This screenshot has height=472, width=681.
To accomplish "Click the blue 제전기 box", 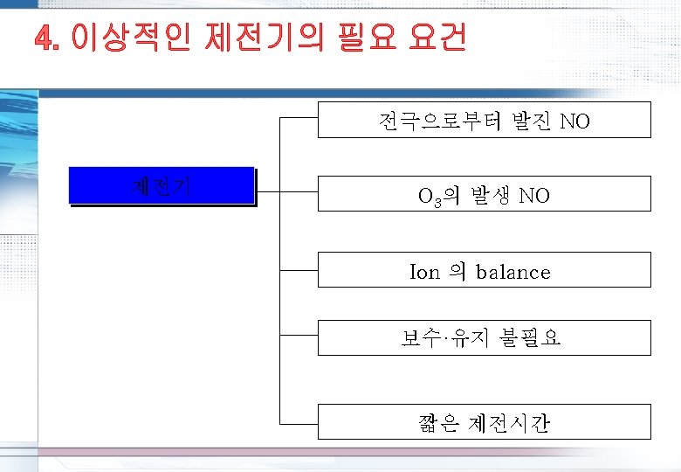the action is [x=162, y=185].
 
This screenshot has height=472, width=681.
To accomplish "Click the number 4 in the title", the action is [x=46, y=38].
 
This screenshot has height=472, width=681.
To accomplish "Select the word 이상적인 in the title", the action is [x=131, y=38].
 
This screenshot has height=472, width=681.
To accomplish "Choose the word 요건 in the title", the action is [x=437, y=38].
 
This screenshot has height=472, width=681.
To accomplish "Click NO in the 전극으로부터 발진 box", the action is [x=574, y=121].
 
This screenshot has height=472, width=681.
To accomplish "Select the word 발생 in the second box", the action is [x=489, y=196].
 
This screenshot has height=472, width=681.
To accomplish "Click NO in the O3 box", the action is [x=534, y=196].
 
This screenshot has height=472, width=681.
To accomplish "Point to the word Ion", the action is [x=425, y=272].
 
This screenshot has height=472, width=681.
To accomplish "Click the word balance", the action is [x=513, y=272].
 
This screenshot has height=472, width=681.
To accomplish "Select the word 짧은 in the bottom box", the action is [x=440, y=424].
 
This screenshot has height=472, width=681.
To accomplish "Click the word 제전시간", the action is [x=514, y=424].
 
